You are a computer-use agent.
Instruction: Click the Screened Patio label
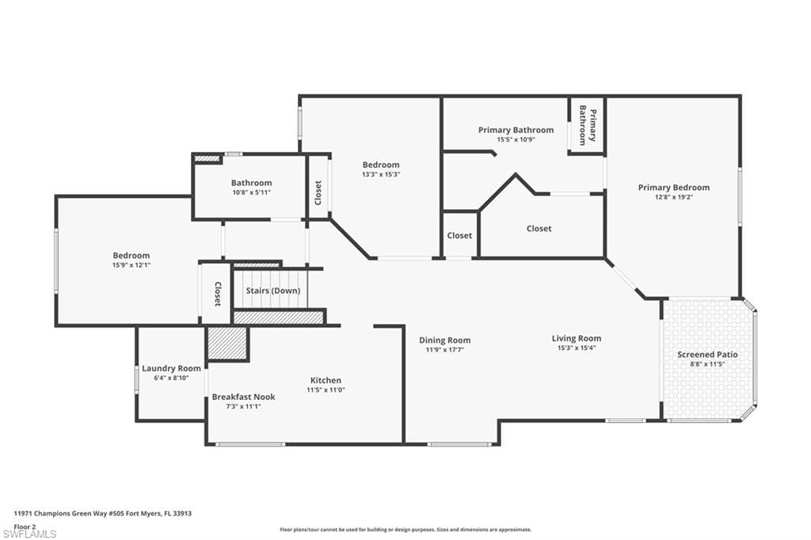tap(707, 355)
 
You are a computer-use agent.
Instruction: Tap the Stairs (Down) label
tap(272, 291)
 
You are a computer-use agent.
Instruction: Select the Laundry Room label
tap(171, 368)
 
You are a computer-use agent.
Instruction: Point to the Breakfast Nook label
tap(243, 397)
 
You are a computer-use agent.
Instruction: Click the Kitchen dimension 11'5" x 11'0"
tap(326, 390)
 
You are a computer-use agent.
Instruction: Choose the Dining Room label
tap(445, 340)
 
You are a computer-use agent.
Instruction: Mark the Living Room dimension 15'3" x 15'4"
tap(577, 348)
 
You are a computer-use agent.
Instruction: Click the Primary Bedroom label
tap(673, 187)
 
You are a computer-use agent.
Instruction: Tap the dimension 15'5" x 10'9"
tap(516, 139)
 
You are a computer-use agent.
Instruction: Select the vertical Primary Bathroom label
tap(588, 126)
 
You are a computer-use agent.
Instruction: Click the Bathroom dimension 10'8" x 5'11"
tap(251, 192)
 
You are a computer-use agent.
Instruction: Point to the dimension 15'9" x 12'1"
tap(131, 264)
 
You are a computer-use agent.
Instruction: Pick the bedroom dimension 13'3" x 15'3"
tap(381, 174)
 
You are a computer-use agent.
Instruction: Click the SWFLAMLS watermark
tap(29, 534)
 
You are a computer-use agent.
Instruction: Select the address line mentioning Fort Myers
tap(103, 514)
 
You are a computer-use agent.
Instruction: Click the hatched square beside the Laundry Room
tap(227, 344)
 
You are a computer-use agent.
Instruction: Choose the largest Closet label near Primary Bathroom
tap(539, 229)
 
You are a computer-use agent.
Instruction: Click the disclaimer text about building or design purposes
tap(405, 530)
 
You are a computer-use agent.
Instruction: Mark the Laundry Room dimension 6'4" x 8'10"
tap(171, 378)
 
